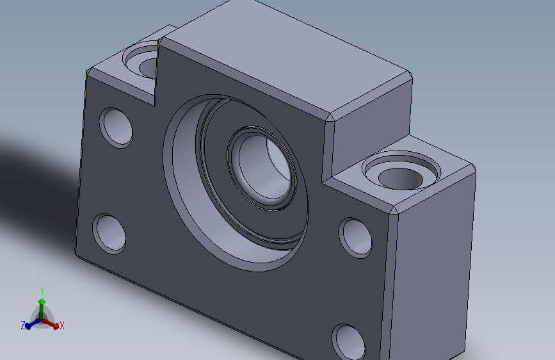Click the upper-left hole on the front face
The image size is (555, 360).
coord(117,127)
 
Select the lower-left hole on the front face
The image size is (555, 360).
coord(109,233)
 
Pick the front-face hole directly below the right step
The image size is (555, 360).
coord(355,237)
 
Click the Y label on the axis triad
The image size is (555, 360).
coord(42,291)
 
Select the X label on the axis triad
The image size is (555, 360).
coord(62,326)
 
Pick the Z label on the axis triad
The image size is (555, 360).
coord(22,325)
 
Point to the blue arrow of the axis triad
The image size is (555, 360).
coord(29,325)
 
